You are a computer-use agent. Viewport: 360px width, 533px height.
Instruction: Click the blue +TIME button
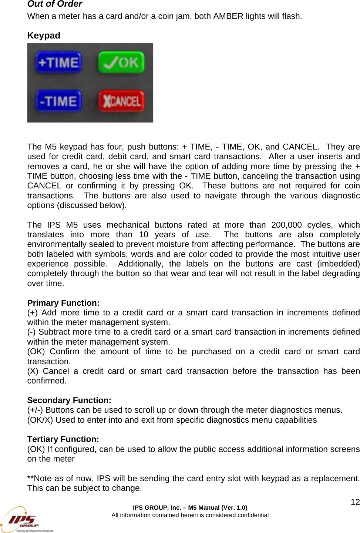point(58,62)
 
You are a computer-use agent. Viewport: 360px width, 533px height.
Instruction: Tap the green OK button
point(121,62)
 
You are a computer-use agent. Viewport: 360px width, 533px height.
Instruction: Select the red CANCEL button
point(121,101)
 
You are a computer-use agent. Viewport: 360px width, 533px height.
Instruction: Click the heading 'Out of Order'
point(55,4)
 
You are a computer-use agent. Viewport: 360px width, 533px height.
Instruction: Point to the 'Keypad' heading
point(44,36)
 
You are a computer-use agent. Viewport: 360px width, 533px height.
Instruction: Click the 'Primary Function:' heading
point(63,303)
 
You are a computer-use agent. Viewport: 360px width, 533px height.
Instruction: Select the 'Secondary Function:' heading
point(69,400)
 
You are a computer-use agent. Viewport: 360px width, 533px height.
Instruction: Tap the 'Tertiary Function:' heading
point(63,439)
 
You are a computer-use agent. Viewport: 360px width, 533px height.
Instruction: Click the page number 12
point(355,502)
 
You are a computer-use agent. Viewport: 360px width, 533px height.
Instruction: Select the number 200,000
point(286,225)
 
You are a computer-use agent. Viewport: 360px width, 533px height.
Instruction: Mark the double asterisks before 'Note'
point(30,478)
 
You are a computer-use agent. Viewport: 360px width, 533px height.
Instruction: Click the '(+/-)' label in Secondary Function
point(35,410)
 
